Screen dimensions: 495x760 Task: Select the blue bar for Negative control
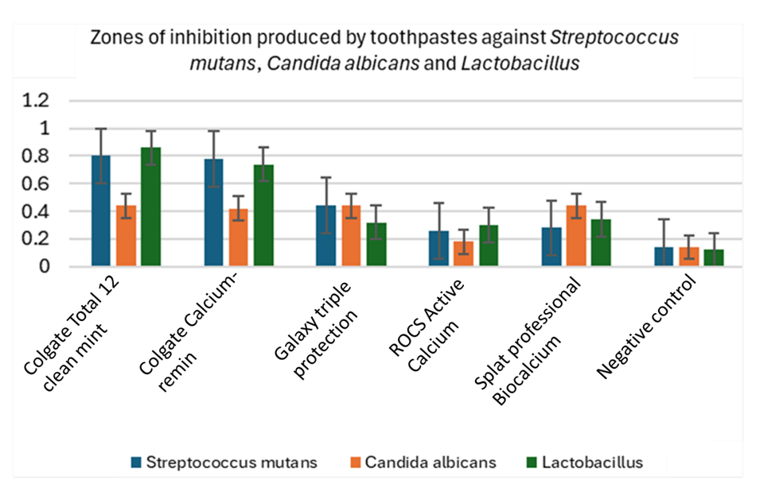pos(664,257)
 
